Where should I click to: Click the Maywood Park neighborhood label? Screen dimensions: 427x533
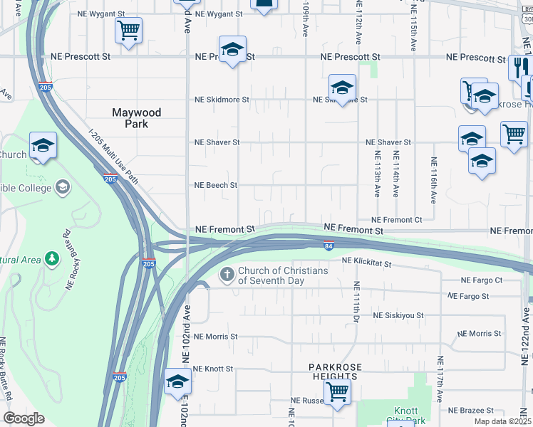[x=137, y=118]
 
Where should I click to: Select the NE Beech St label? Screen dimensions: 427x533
[x=216, y=185]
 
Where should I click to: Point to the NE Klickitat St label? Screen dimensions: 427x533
[x=366, y=263]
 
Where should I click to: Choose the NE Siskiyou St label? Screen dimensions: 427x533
[x=398, y=315]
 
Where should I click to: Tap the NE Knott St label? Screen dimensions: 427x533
[x=214, y=369]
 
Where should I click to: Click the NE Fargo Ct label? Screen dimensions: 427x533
[x=482, y=281]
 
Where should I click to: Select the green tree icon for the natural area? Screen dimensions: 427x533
[x=51, y=258]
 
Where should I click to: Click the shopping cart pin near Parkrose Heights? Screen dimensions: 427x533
[x=336, y=390]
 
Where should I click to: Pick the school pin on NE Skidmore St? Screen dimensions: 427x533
[x=342, y=88]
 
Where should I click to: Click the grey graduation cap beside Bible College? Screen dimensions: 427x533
[x=63, y=188]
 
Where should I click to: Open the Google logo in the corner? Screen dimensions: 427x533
[x=23, y=418]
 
